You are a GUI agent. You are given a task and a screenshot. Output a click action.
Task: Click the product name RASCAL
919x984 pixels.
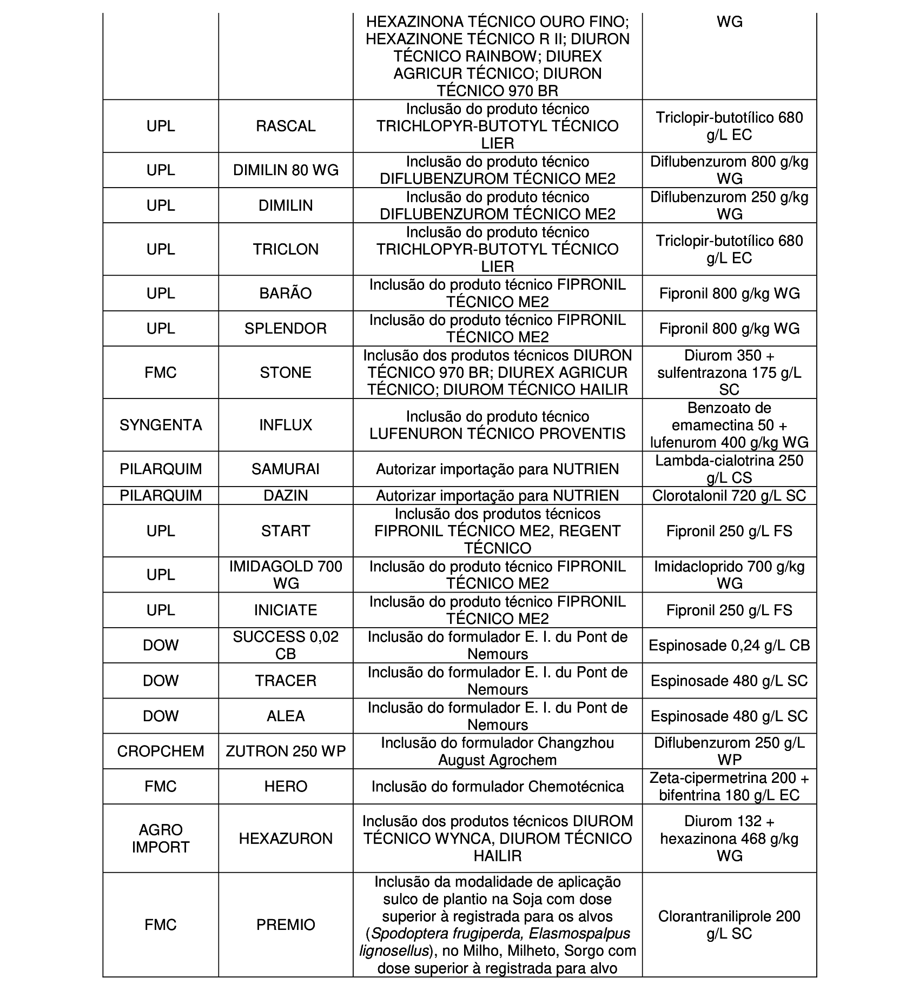(286, 126)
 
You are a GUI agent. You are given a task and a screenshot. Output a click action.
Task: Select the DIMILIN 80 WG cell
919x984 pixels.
(286, 170)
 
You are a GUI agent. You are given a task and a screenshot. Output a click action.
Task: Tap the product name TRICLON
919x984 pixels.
(286, 249)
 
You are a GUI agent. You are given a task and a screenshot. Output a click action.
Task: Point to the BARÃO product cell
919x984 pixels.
(286, 294)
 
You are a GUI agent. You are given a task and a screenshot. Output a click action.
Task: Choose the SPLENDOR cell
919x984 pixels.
(286, 329)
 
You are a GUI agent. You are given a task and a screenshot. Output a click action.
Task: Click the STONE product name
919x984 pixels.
(286, 373)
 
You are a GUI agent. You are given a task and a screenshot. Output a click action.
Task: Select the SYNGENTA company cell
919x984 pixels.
(161, 425)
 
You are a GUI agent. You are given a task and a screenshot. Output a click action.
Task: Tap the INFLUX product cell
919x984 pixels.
(286, 425)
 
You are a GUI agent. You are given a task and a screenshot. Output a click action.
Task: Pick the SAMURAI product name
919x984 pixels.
(286, 469)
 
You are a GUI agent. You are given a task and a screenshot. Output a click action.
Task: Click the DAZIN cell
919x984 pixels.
(286, 496)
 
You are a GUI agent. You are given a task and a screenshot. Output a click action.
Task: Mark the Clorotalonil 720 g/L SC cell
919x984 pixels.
(729, 496)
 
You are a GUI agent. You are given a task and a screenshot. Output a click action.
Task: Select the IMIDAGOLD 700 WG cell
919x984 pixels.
(286, 575)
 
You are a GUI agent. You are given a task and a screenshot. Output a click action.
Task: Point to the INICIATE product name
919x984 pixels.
(286, 610)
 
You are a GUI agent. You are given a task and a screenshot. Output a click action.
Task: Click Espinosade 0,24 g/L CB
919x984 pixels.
(729, 646)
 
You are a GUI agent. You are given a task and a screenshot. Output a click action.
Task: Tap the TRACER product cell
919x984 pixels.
(286, 681)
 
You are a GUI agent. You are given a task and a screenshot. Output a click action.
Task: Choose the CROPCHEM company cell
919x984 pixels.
(161, 752)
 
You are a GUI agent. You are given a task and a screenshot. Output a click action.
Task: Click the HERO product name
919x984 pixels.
(286, 787)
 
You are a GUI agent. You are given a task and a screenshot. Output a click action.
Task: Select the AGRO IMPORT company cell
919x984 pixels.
(161, 839)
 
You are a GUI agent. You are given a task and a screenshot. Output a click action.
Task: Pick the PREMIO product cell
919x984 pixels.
(286, 925)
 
